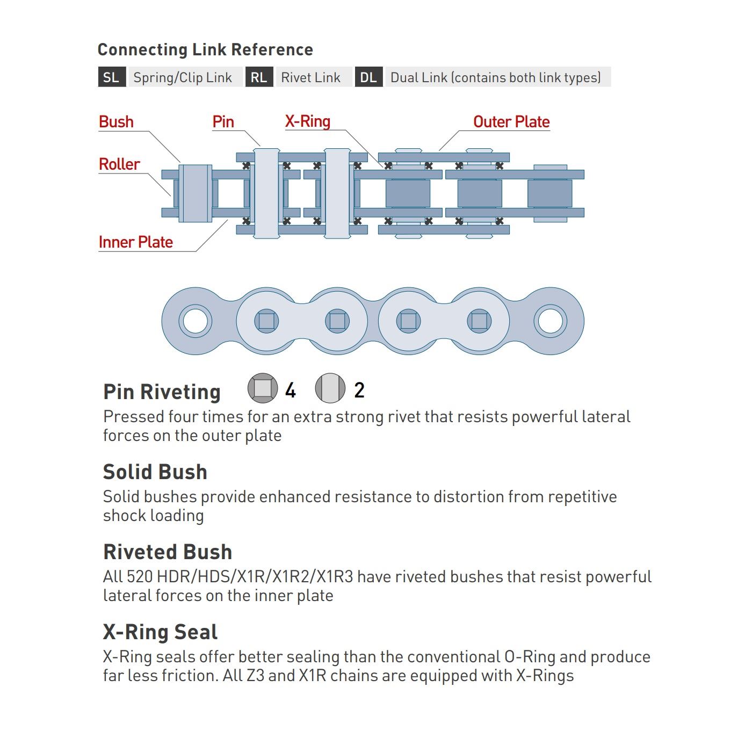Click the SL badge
[x=112, y=77]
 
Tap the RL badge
[x=259, y=77]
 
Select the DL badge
[x=368, y=77]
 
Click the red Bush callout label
[x=116, y=122]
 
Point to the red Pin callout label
[x=223, y=122]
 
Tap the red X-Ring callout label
[x=308, y=121]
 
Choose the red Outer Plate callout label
[x=511, y=122]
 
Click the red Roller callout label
[x=119, y=164]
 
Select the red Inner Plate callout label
[x=136, y=242]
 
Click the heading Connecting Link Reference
[x=205, y=50]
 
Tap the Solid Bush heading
[x=155, y=472]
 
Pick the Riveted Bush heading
[x=168, y=552]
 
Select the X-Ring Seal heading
[x=161, y=632]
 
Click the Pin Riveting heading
[x=162, y=392]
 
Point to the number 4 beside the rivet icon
[x=291, y=391]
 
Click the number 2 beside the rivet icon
[x=359, y=391]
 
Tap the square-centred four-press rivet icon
[x=263, y=388]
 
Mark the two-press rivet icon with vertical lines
[x=330, y=388]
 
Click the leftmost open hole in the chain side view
[x=195, y=321]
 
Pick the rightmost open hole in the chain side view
[x=551, y=321]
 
